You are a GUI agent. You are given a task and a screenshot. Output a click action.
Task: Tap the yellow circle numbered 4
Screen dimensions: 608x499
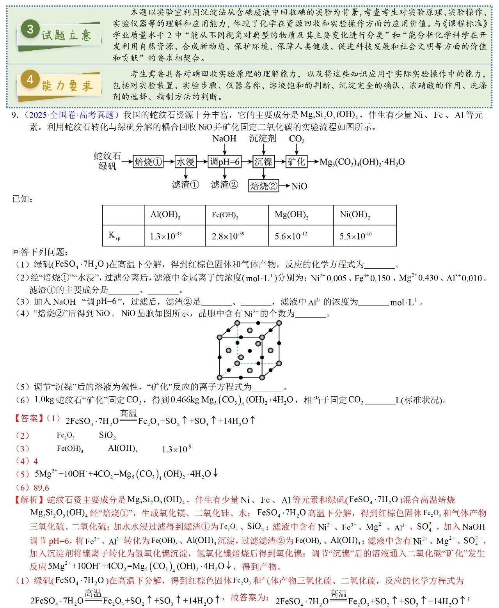click(30, 80)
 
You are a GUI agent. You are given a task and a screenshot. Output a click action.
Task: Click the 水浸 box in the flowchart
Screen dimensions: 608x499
click(185, 162)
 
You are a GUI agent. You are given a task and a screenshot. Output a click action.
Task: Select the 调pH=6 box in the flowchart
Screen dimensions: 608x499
click(225, 162)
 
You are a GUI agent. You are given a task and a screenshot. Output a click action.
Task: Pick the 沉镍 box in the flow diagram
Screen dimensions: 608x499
click(263, 162)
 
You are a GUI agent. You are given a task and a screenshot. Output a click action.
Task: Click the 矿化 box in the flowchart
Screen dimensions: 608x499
click(296, 162)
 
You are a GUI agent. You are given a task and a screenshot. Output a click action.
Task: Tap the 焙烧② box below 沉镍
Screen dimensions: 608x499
click(263, 186)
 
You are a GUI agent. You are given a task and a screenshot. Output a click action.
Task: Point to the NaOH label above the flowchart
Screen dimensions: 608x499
click(224, 139)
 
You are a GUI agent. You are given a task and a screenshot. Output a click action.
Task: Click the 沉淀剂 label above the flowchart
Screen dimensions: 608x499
click(263, 139)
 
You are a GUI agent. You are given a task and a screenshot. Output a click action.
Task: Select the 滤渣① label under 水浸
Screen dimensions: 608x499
click(185, 185)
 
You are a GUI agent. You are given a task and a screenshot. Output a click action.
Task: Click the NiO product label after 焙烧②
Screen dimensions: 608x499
click(299, 186)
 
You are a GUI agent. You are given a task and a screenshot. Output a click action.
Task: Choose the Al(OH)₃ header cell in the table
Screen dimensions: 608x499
click(165, 215)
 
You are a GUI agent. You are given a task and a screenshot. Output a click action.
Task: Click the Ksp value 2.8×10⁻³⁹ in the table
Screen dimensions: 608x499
click(228, 236)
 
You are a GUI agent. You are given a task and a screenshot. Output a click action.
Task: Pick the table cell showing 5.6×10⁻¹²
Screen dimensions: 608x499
click(291, 236)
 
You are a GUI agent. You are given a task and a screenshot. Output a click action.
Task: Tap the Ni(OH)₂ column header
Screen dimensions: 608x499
click(355, 215)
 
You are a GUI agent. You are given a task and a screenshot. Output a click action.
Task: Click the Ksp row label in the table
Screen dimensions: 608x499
click(114, 236)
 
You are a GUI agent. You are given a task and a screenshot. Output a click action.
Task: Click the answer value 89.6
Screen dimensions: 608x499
click(41, 488)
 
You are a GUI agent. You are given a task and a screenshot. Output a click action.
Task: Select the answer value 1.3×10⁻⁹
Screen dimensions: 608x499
click(176, 449)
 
